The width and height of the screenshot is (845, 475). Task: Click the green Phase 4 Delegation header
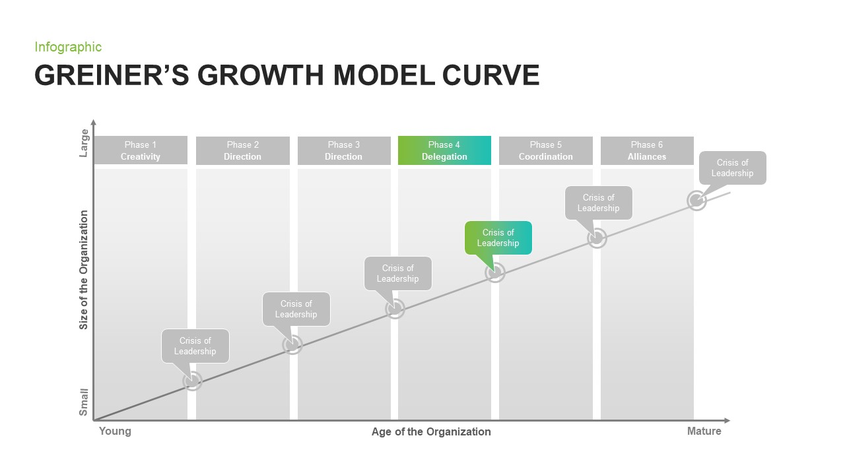point(444,150)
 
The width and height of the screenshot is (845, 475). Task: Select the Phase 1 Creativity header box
point(141,150)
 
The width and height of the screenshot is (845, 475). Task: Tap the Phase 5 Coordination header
point(545,150)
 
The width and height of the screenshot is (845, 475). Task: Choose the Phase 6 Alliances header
point(647,150)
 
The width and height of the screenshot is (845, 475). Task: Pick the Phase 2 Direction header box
point(242,150)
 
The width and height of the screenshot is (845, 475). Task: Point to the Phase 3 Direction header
point(343,150)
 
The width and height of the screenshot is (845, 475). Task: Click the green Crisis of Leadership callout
point(498,237)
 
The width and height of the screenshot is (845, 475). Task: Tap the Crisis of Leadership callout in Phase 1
point(195,346)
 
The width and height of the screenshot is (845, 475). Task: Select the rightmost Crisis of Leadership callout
point(732,168)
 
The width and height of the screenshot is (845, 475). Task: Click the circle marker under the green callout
point(495,272)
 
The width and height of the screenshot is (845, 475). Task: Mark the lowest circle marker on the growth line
point(192,381)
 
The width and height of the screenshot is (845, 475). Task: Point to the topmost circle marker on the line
point(696,201)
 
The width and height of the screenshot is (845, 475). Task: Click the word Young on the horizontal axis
point(115,431)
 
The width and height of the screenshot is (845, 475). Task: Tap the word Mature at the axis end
point(704,431)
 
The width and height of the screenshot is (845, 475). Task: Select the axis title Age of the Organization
point(431,432)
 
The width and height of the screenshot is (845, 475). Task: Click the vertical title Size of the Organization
point(84,270)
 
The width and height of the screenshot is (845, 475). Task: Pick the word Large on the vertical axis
point(84,143)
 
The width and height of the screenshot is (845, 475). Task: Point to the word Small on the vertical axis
point(84,402)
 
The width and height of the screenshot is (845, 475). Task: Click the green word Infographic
point(68,47)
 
